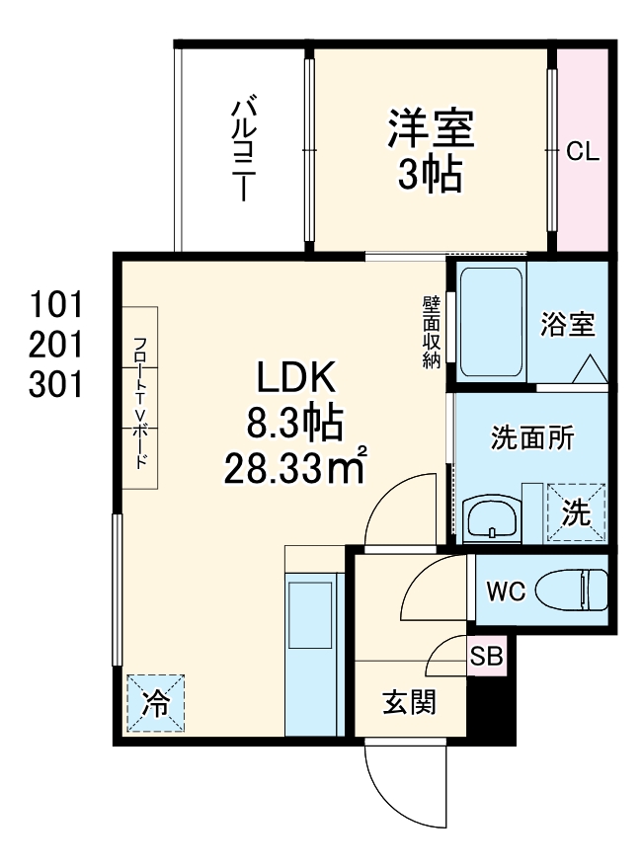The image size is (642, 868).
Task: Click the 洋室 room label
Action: click(431, 127)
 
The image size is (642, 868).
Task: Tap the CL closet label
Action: click(582, 152)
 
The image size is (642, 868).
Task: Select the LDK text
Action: click(297, 377)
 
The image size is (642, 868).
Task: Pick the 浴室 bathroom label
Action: click(568, 325)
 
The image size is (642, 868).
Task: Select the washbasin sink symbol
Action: click(491, 517)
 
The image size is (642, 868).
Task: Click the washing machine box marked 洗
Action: click(576, 513)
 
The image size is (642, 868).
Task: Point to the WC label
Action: click(504, 592)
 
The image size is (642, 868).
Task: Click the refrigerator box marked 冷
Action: click(155, 704)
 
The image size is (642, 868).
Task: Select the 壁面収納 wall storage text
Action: click(431, 331)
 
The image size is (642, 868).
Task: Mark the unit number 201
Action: click(54, 343)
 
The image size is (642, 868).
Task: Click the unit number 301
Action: click(54, 384)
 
